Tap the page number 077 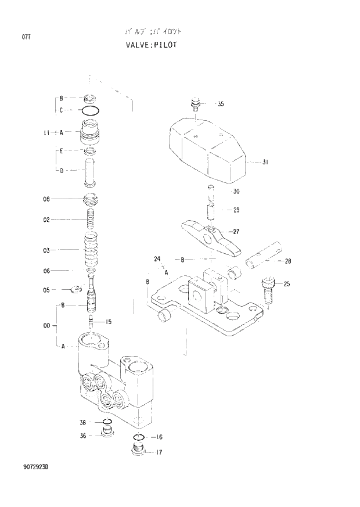[26, 37]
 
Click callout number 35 [221, 105]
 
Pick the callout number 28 [287, 261]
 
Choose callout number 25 [286, 284]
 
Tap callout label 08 [46, 199]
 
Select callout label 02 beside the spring [46, 220]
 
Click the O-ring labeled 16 [139, 437]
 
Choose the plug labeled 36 [106, 433]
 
